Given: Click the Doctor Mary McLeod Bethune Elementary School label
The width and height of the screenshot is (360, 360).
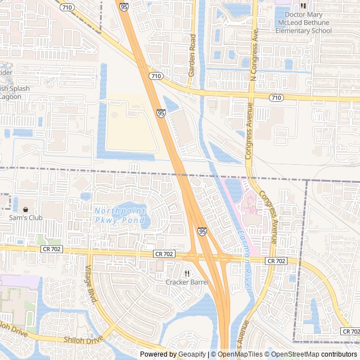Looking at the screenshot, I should point(308,22).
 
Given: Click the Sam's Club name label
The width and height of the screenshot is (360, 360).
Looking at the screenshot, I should point(25,218).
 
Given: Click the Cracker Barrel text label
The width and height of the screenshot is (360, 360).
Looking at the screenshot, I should point(187,282).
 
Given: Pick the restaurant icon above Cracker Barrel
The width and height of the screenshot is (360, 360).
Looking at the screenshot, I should point(187,273).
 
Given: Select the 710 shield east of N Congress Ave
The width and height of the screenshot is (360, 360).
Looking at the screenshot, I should point(276,98).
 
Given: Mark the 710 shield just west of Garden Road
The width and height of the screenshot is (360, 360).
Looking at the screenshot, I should point(156,76).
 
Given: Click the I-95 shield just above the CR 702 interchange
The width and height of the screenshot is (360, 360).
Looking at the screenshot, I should point(202,231).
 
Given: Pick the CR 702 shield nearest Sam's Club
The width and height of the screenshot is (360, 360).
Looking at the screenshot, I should point(51,249).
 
